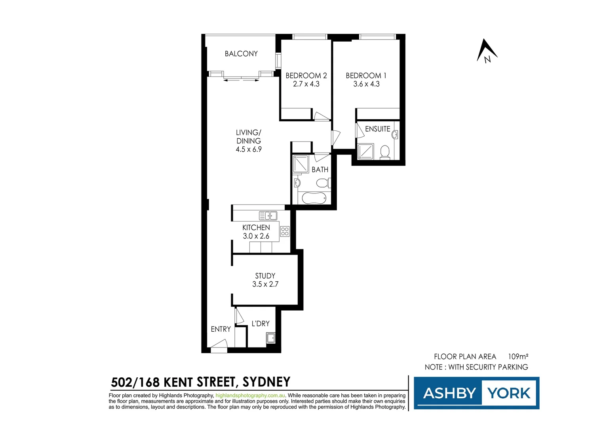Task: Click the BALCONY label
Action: [241, 54]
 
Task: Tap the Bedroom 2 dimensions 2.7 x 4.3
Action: [306, 84]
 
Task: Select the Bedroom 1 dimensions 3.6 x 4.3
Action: [366, 84]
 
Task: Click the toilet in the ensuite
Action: [384, 152]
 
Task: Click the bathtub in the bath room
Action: [314, 198]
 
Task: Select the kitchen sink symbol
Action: [268, 216]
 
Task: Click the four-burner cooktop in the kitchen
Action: [285, 231]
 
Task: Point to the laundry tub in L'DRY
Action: [271, 338]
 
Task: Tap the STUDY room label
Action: [265, 276]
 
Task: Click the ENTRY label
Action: [221, 329]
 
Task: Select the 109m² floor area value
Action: [518, 357]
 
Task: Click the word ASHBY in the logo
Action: [449, 393]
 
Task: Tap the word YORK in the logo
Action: [509, 393]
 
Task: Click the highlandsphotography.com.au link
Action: [250, 396]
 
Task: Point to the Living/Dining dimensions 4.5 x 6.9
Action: [249, 149]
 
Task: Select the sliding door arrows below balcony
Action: [241, 80]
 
